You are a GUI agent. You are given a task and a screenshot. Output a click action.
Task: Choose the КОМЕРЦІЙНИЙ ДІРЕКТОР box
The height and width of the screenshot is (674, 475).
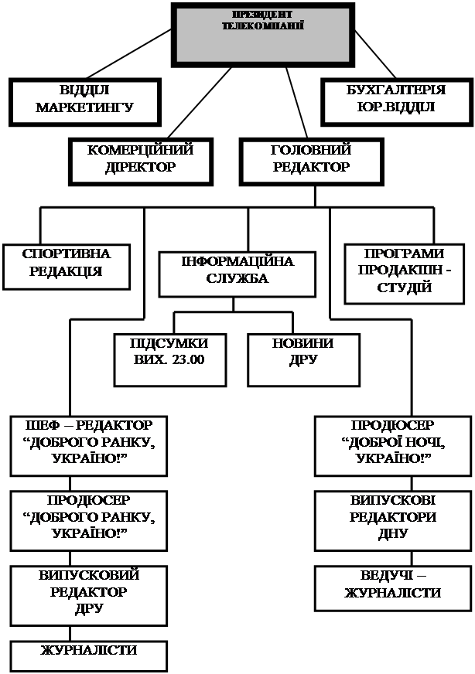tap(140, 159)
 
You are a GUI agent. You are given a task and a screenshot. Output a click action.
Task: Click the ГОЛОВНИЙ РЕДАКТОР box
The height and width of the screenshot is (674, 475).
tap(311, 159)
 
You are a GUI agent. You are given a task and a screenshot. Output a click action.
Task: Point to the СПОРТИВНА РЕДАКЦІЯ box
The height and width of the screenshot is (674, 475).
tap(67, 263)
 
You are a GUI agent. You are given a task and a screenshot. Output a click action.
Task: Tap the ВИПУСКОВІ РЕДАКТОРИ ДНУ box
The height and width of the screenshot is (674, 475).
tap(392, 518)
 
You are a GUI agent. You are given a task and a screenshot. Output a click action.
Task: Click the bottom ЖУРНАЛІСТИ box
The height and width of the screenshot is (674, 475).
tap(88, 651)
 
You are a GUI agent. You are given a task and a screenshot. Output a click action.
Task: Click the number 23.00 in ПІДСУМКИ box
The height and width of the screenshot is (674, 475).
tap(186, 359)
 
